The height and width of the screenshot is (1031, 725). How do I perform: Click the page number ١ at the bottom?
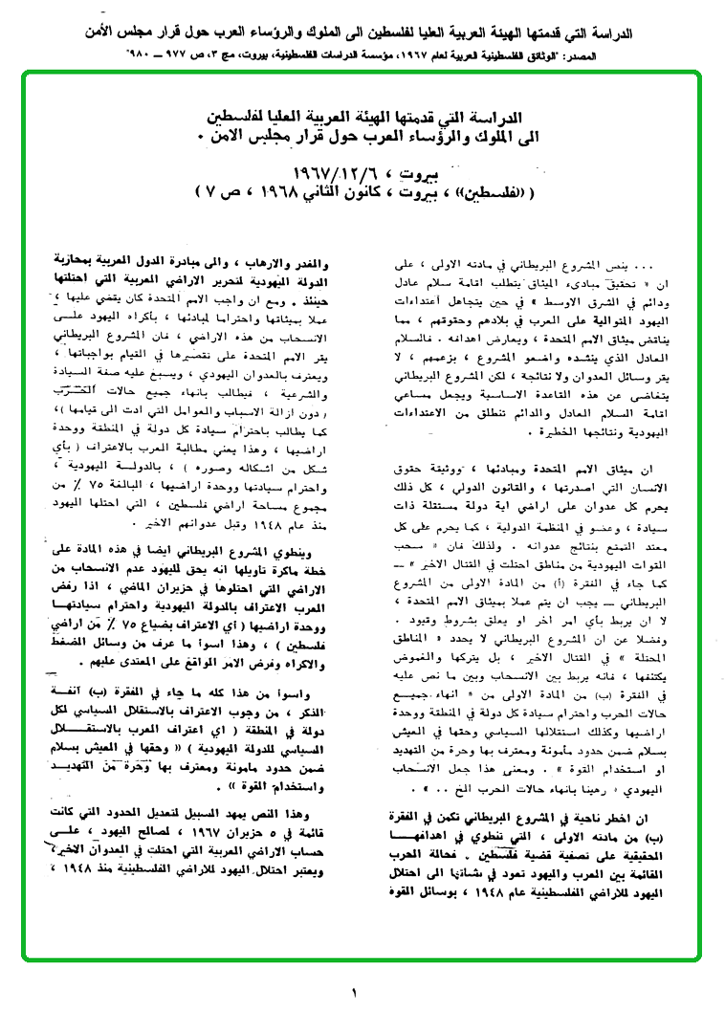tap(354, 992)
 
